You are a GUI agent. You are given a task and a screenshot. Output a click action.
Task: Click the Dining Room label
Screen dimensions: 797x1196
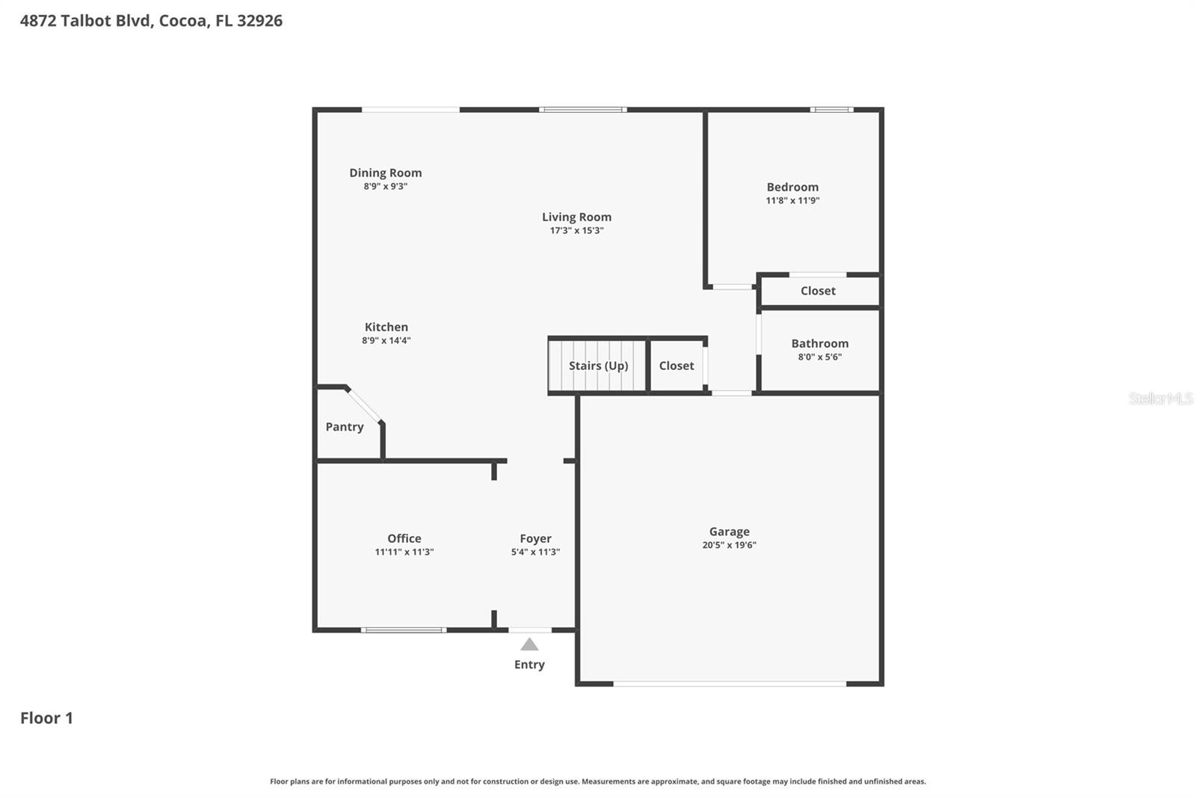(385, 173)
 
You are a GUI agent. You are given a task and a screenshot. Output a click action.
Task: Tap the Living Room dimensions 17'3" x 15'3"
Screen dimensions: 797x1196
(576, 230)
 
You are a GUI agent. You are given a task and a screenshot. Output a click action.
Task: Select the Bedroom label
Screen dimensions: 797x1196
(792, 187)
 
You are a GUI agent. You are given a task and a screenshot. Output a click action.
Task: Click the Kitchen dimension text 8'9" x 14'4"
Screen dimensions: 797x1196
(386, 340)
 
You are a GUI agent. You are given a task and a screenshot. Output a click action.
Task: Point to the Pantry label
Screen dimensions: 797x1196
(345, 427)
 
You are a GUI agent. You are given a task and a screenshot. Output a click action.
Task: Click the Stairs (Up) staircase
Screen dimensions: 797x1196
(597, 366)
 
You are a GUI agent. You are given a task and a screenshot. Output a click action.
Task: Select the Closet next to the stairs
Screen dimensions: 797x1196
(676, 366)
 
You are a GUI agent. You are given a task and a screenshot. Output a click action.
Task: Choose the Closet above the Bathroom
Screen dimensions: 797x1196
(818, 291)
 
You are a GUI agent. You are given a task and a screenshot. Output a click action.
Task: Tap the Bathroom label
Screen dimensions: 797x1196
(820, 344)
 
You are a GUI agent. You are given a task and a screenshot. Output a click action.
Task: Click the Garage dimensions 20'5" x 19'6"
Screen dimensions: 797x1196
(729, 545)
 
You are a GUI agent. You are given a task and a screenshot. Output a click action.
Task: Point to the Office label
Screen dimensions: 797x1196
(404, 538)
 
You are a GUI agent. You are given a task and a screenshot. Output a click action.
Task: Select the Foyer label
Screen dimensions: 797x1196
(535, 538)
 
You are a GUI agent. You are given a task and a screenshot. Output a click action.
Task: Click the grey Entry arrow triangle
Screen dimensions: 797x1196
(529, 644)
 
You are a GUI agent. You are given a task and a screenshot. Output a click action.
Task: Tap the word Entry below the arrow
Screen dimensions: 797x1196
(529, 665)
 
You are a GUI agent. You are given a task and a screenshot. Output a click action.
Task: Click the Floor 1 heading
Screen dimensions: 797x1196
(46, 718)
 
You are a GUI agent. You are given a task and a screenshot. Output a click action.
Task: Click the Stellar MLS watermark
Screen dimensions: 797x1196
(1160, 398)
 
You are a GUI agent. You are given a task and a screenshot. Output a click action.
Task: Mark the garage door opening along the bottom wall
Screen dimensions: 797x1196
(730, 683)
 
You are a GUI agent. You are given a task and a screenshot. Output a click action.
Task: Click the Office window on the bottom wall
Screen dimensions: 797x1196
(404, 630)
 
